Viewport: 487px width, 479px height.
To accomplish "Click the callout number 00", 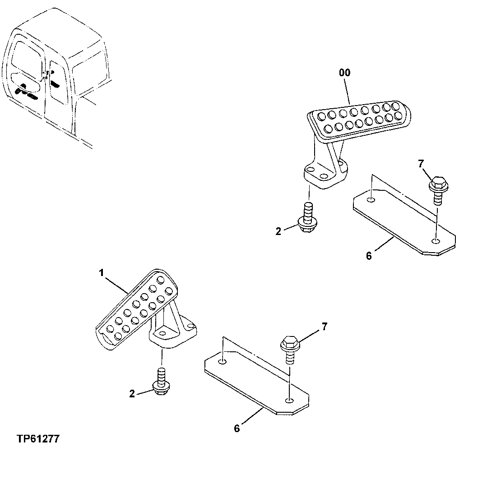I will point(344,73).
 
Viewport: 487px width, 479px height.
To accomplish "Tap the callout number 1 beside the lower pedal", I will point(102,273).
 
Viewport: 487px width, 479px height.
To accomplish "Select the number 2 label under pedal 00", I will point(278,231).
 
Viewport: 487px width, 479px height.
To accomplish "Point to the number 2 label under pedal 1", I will point(132,394).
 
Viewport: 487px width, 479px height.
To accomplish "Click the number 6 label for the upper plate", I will point(369,256).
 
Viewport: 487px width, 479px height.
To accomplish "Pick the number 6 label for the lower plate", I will point(237,428).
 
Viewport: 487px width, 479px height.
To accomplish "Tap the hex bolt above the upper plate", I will point(437,189).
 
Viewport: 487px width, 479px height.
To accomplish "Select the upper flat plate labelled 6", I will point(404,221).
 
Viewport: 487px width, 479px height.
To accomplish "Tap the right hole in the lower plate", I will point(288,400).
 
